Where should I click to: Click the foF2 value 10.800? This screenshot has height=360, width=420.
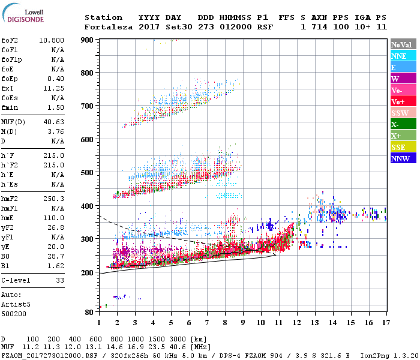(52, 39)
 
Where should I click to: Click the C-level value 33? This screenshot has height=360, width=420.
(59, 280)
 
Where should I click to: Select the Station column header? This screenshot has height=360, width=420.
(103, 17)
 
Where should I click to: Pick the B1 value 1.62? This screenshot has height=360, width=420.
(56, 264)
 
